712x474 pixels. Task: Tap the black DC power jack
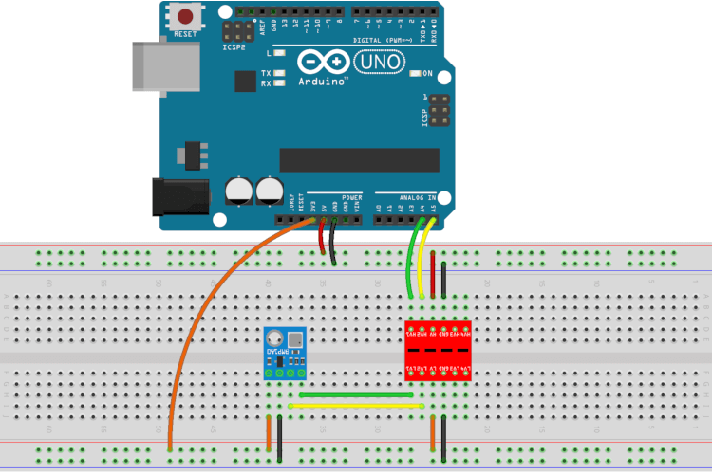(x=182, y=196)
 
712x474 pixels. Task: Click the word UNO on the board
(x=379, y=62)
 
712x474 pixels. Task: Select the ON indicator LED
(x=415, y=74)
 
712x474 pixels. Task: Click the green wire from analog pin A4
(x=410, y=261)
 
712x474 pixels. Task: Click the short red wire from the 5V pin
(x=323, y=239)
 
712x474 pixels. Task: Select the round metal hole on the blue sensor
(x=275, y=338)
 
